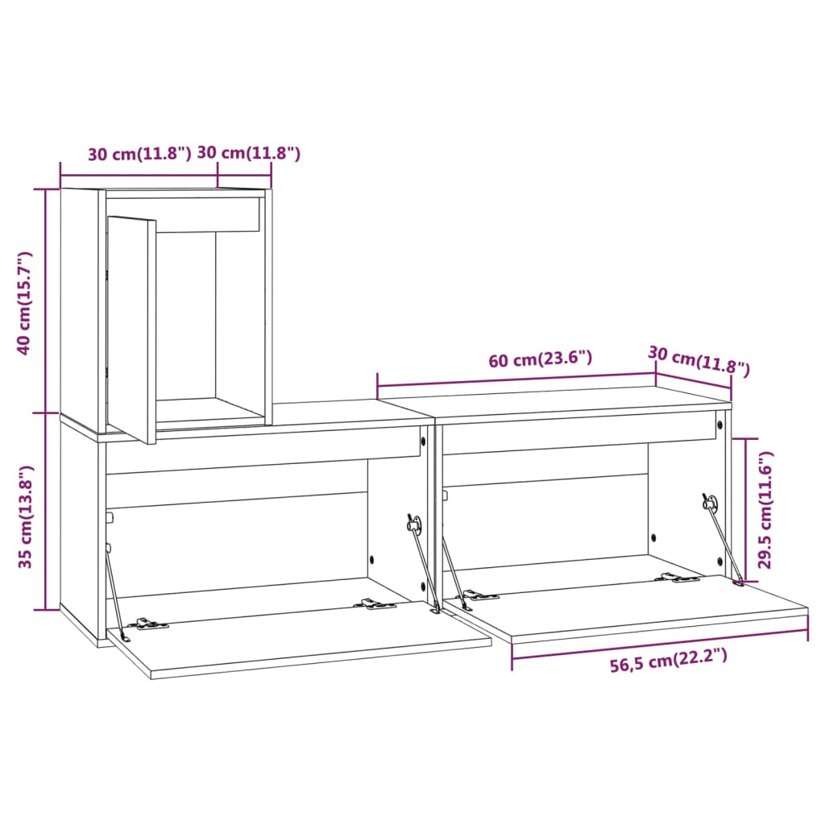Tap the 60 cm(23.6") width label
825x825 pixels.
point(540,359)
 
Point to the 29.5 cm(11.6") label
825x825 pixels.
point(766,509)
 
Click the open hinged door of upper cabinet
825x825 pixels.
point(131,329)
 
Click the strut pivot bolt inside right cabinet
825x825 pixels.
point(710,502)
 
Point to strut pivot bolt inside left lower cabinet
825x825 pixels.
point(413,524)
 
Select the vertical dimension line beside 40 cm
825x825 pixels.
point(46,302)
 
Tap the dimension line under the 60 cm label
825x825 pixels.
point(516,379)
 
